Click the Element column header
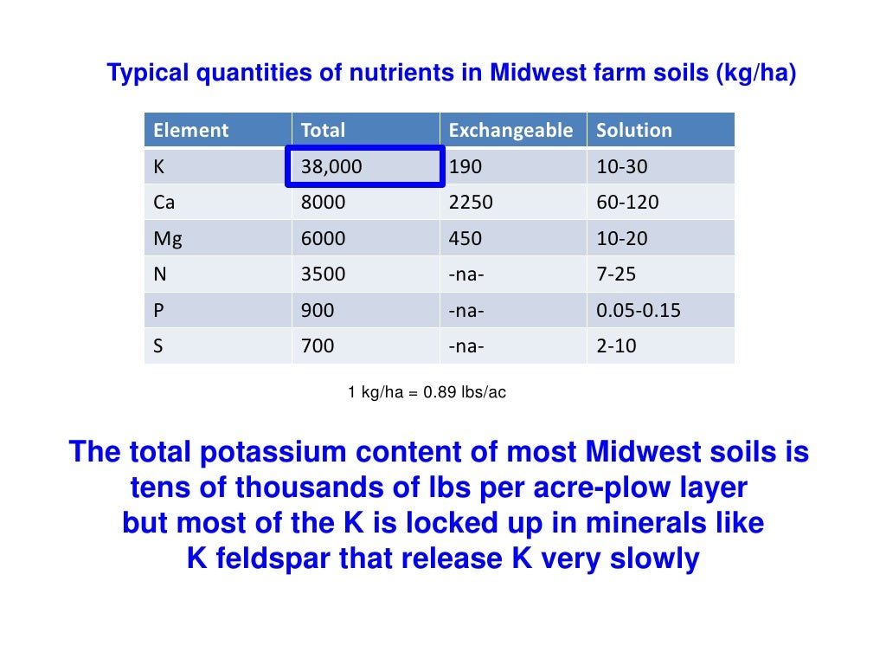[190, 131]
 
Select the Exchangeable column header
[510, 131]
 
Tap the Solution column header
[634, 131]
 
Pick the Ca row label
[164, 203]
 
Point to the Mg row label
[168, 239]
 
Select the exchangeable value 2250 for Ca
[471, 203]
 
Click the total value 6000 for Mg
[323, 239]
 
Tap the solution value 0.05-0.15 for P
[639, 310]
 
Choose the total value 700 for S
[318, 346]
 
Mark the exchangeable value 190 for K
[465, 167]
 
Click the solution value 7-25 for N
[616, 274]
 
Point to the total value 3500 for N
[323, 274]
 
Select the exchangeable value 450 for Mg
[465, 239]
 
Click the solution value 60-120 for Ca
[627, 203]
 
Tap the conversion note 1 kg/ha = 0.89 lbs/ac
[427, 393]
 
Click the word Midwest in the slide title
[535, 74]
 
